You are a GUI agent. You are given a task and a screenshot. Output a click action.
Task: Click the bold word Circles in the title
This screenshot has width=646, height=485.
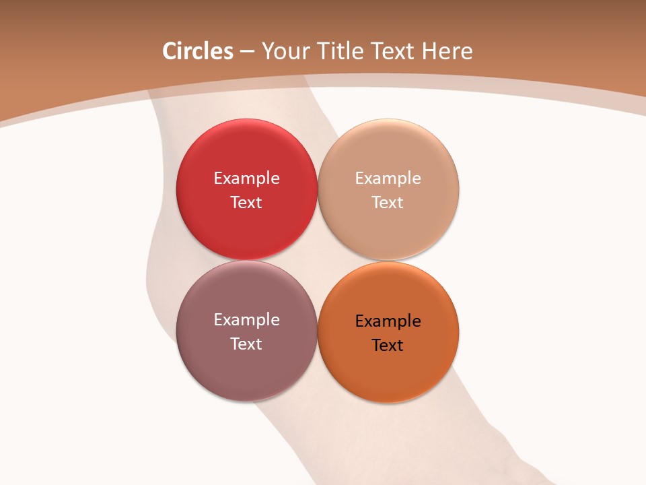click(x=198, y=51)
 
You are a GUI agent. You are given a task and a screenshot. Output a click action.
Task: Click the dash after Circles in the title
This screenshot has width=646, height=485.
click(x=247, y=52)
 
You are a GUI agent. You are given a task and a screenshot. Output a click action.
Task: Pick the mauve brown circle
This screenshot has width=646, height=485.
click(x=246, y=364)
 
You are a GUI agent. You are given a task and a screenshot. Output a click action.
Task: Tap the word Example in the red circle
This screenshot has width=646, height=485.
click(x=246, y=179)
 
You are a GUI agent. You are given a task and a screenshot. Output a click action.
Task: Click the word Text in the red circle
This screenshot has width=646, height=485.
click(x=246, y=203)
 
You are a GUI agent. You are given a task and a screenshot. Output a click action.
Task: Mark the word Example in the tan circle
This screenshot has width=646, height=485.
click(x=388, y=179)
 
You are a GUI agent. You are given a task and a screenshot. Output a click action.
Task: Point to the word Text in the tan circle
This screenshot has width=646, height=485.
click(x=388, y=203)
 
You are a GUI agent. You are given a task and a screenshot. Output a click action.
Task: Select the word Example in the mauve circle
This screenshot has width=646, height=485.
click(x=246, y=320)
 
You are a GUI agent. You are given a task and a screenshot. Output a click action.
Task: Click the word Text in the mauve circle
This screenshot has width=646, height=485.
click(x=246, y=344)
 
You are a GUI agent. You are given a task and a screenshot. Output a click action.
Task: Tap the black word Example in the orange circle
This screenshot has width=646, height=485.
click(x=388, y=321)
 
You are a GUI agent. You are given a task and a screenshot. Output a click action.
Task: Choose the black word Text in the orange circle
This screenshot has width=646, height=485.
click(x=388, y=346)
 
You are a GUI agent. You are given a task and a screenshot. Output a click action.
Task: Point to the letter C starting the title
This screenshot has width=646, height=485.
click(x=170, y=51)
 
